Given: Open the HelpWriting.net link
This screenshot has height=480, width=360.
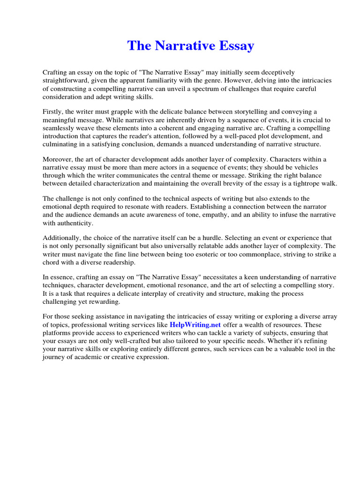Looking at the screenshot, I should [195, 324].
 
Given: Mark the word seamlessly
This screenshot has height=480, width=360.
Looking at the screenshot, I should [61, 128].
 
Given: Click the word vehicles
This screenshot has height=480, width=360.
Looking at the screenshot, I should [306, 167].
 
